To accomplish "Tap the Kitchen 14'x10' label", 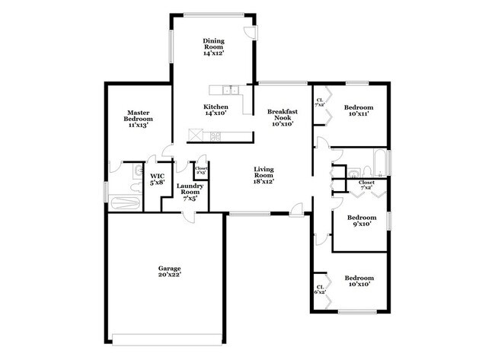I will click(216, 110).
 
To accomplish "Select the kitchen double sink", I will click(231, 90).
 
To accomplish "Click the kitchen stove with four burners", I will click(216, 137).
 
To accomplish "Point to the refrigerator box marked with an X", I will click(196, 137).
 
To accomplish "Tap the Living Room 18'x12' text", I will click(263, 175).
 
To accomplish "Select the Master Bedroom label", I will click(139, 119).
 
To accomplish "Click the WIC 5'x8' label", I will click(158, 179).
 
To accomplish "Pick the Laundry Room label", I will click(189, 193).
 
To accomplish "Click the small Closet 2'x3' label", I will click(202, 171).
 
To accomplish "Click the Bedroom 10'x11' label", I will click(357, 112).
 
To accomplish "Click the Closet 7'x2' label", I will click(366, 185).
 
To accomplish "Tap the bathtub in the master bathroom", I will click(123, 204).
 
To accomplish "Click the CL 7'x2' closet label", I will click(320, 102).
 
